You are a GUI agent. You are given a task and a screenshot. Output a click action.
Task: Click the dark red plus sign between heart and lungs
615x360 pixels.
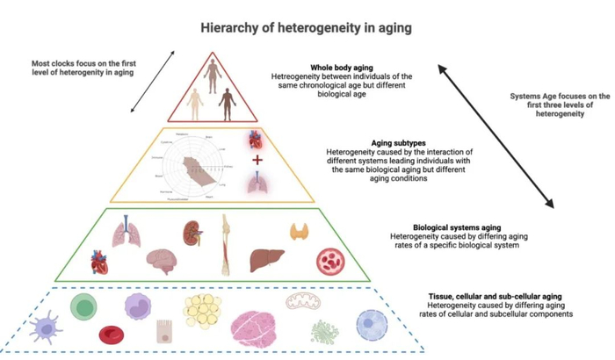(x=257, y=161)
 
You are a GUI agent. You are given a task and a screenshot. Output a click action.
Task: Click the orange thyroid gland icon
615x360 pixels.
(x=300, y=232)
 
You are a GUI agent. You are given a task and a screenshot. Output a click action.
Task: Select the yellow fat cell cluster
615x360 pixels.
(x=202, y=313)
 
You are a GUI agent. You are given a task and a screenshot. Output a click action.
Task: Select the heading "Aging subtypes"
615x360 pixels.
(x=387, y=140)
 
